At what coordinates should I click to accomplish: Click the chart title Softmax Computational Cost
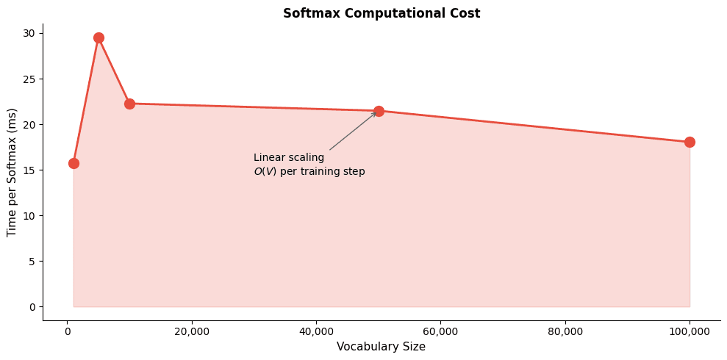point(381,13)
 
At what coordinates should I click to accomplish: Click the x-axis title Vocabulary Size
point(381,347)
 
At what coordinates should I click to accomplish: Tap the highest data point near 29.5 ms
point(99,37)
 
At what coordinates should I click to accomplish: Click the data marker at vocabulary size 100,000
point(690,142)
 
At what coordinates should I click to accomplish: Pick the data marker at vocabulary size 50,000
point(379,111)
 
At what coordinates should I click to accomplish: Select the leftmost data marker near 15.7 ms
point(74,163)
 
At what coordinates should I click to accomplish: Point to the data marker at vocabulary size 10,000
point(129,104)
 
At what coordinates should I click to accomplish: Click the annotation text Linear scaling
point(289,158)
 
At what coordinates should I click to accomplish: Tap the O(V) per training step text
point(309,172)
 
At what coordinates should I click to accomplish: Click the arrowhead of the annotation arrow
point(376,113)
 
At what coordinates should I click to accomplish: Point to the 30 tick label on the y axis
point(29,33)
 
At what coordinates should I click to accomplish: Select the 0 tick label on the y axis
point(32,306)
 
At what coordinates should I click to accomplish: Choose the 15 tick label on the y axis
point(29,170)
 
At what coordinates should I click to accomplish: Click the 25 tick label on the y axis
point(29,79)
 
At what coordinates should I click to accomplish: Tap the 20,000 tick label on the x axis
point(192,331)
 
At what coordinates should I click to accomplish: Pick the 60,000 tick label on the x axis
point(440,331)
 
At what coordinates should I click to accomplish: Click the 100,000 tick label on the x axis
point(690,331)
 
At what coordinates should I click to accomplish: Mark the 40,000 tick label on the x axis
point(316,331)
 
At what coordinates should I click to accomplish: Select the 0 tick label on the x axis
point(68,331)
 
